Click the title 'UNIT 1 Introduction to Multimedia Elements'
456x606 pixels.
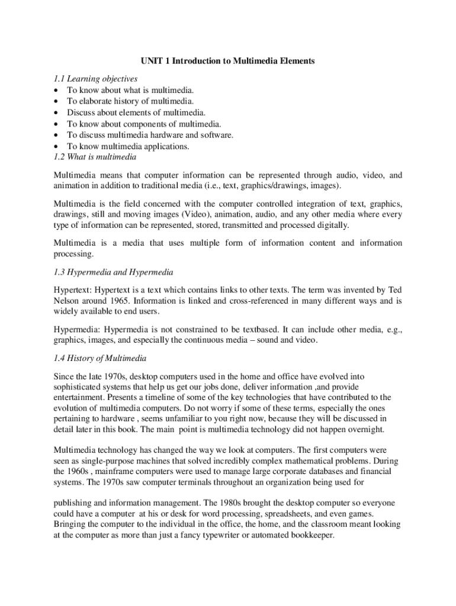[227, 61]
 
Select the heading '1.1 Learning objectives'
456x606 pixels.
[95, 79]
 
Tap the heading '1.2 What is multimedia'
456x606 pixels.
[95, 157]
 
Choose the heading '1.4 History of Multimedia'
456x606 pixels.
[99, 358]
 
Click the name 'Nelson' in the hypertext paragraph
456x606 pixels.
[67, 301]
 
